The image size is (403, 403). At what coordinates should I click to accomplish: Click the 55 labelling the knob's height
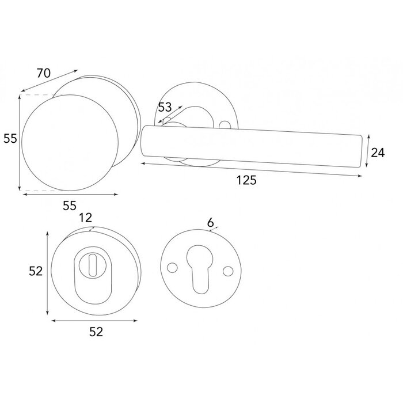point(9,138)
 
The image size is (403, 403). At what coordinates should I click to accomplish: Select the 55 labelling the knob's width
point(69,204)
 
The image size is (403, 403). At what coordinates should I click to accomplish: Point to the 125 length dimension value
point(246,180)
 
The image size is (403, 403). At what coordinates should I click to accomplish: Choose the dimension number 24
point(377,152)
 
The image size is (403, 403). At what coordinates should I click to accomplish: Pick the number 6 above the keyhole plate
point(211,222)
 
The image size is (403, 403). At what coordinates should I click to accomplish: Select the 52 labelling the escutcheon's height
point(36,271)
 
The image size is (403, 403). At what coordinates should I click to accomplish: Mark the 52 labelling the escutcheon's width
point(96,332)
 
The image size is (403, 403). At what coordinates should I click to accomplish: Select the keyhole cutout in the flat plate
point(198,271)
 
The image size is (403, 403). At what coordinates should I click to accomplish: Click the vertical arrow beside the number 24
point(367,152)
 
